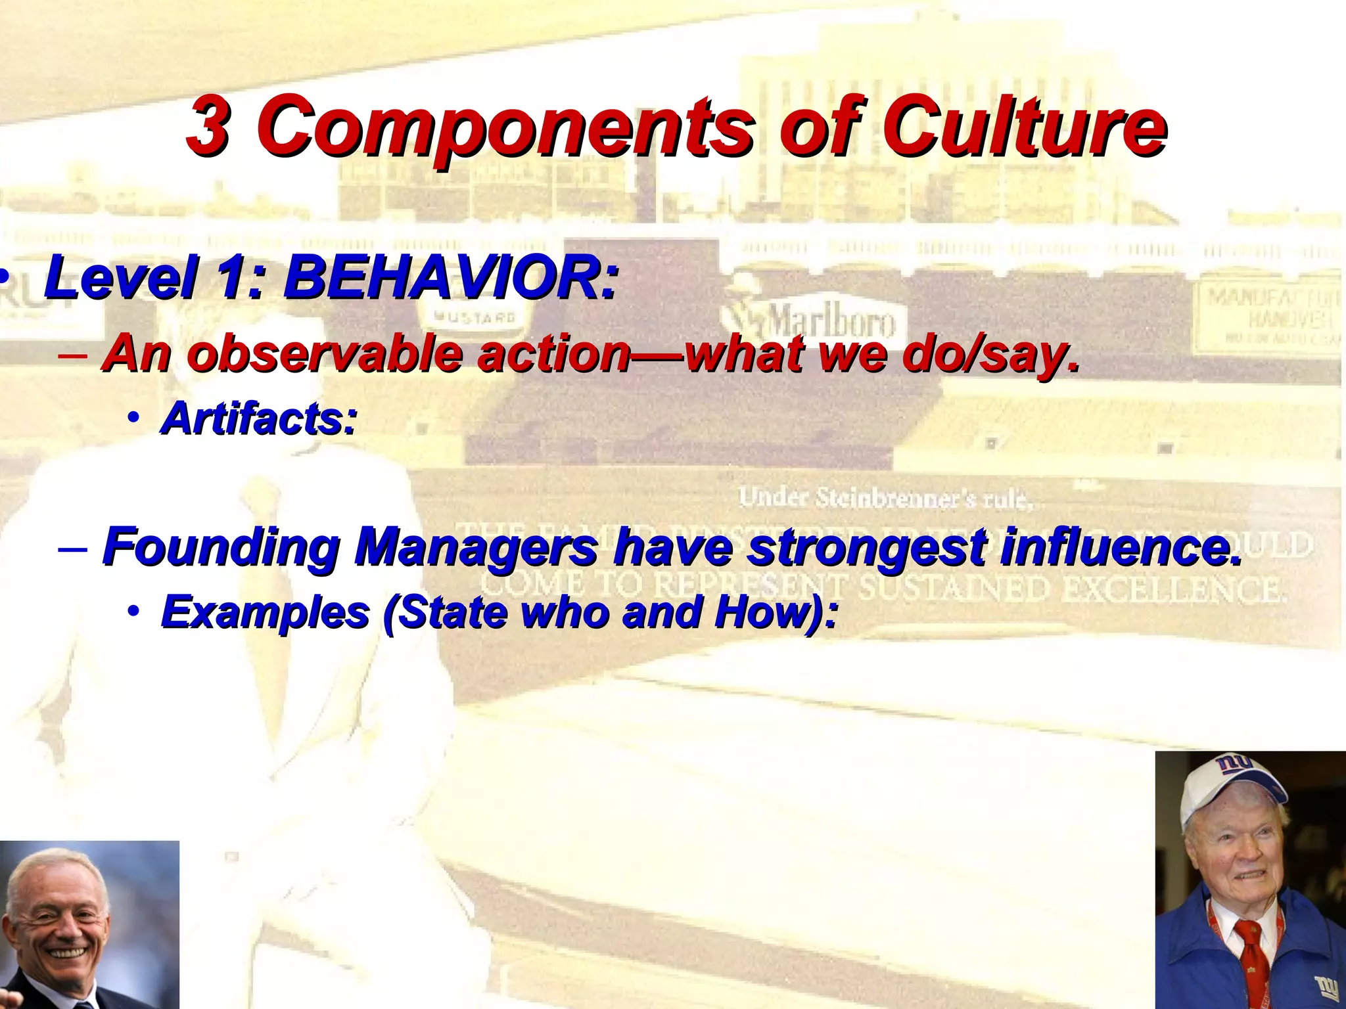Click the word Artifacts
coord(258,418)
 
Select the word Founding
coord(221,547)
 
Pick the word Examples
coord(266,612)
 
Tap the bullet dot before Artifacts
coord(134,418)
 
